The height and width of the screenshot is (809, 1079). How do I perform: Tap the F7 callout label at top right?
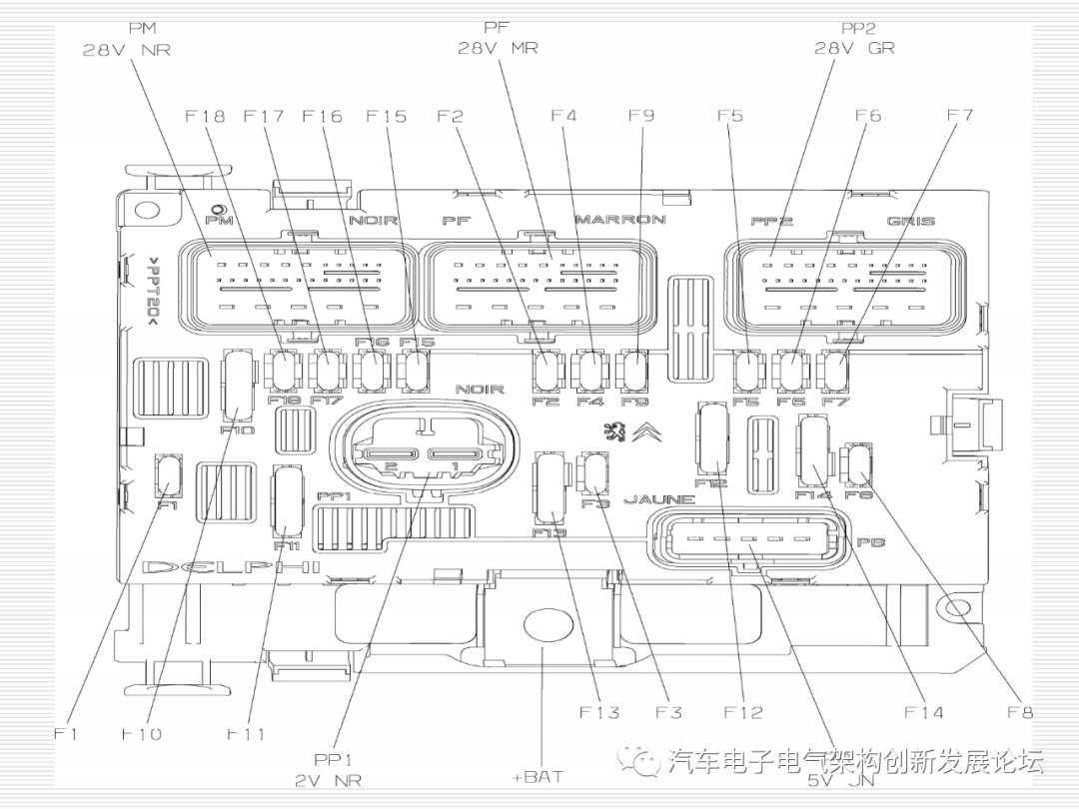tap(959, 116)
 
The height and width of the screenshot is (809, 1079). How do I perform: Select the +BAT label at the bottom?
tap(538, 776)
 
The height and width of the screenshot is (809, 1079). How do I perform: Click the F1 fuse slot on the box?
tap(168, 474)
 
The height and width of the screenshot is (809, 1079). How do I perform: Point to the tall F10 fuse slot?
tap(238, 384)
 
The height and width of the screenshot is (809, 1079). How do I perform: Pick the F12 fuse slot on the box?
tap(711, 438)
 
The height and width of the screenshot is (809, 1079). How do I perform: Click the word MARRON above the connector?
tap(619, 219)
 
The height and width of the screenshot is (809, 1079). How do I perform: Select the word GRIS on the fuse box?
tap(910, 220)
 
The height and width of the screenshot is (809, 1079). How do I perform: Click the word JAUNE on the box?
tap(658, 499)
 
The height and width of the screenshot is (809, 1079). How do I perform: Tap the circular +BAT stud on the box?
tap(543, 626)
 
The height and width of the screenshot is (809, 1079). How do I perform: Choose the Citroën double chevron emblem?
tap(646, 432)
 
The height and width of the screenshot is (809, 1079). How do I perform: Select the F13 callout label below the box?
tap(599, 712)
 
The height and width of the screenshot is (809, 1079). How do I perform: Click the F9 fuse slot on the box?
tap(632, 372)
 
